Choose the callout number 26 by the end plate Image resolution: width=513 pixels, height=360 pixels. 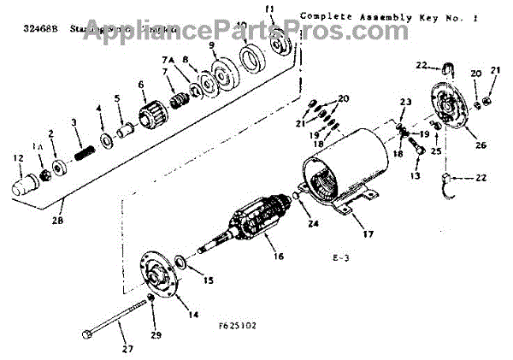481,145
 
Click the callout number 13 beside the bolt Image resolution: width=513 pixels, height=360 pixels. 416,175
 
